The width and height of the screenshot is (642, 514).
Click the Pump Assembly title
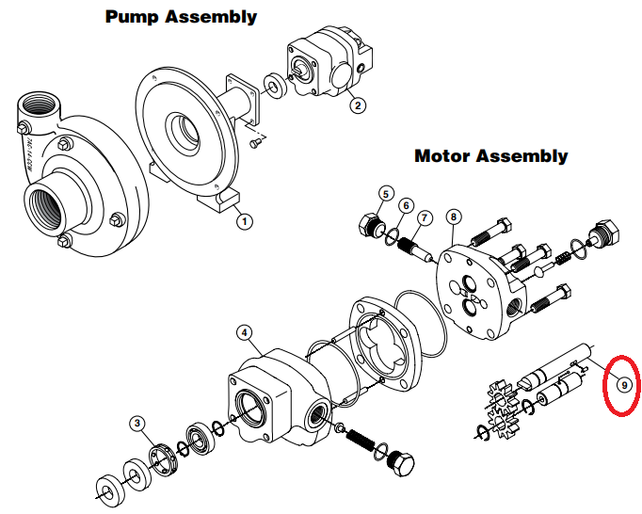pyautogui.click(x=181, y=17)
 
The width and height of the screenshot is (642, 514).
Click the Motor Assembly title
pyautogui.click(x=490, y=155)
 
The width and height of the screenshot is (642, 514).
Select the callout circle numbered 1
pyautogui.click(x=245, y=221)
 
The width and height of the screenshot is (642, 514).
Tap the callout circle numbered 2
pyautogui.click(x=358, y=105)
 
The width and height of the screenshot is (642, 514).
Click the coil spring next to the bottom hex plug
pyautogui.click(x=362, y=439)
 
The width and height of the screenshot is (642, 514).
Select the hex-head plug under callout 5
pyautogui.click(x=369, y=227)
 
